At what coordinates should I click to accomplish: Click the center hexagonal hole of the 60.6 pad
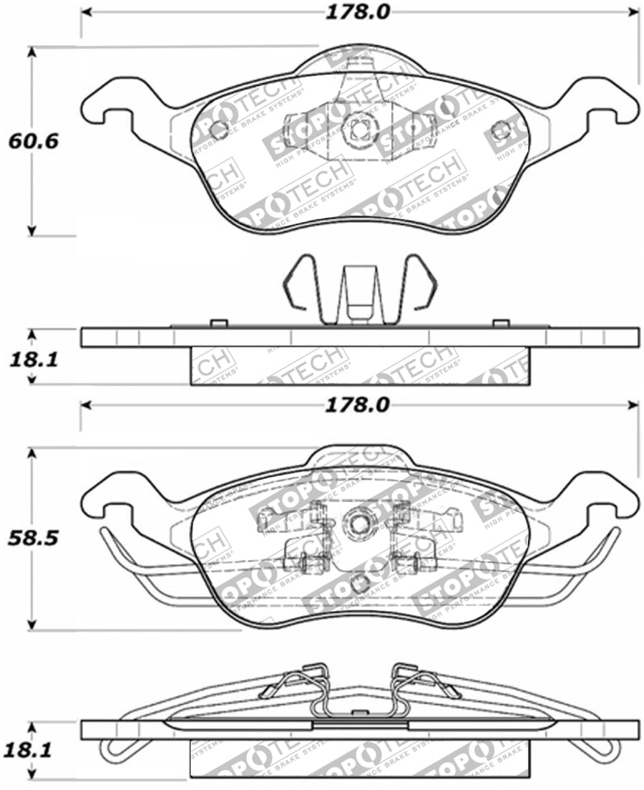point(357,126)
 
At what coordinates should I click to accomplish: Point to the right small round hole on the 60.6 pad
point(501,130)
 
